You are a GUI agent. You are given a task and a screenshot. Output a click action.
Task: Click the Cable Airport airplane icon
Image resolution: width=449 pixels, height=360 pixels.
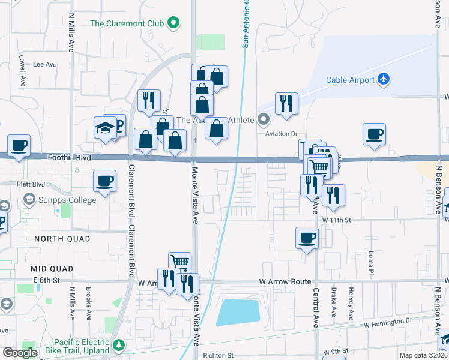pos(384,79)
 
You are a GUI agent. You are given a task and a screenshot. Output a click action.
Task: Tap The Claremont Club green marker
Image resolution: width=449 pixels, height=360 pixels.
pos(174,24)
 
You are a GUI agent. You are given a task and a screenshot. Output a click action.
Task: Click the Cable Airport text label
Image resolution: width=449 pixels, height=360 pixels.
pos(351,80)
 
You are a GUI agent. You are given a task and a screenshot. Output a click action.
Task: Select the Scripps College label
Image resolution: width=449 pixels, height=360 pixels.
pos(67,200)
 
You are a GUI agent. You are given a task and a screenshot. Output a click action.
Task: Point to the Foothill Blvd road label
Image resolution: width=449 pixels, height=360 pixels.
pos(71,157)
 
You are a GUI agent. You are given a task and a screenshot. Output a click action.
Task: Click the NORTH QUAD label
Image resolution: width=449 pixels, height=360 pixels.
pos(62,239)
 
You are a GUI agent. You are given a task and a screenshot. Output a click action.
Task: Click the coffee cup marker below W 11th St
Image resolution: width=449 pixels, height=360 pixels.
pos(307,238)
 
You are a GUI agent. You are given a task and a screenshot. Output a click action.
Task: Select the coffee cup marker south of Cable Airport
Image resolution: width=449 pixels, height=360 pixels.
pos(375,134)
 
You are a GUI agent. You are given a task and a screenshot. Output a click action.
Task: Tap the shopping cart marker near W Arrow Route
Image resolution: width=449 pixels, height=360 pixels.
pos(179,262)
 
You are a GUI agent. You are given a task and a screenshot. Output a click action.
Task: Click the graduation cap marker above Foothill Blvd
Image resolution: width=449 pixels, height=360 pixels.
pos(104,128)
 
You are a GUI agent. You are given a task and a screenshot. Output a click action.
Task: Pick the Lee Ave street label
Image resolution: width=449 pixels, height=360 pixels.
pos(44,64)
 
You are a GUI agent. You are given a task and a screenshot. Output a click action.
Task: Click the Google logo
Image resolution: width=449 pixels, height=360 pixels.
pos(20,353)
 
